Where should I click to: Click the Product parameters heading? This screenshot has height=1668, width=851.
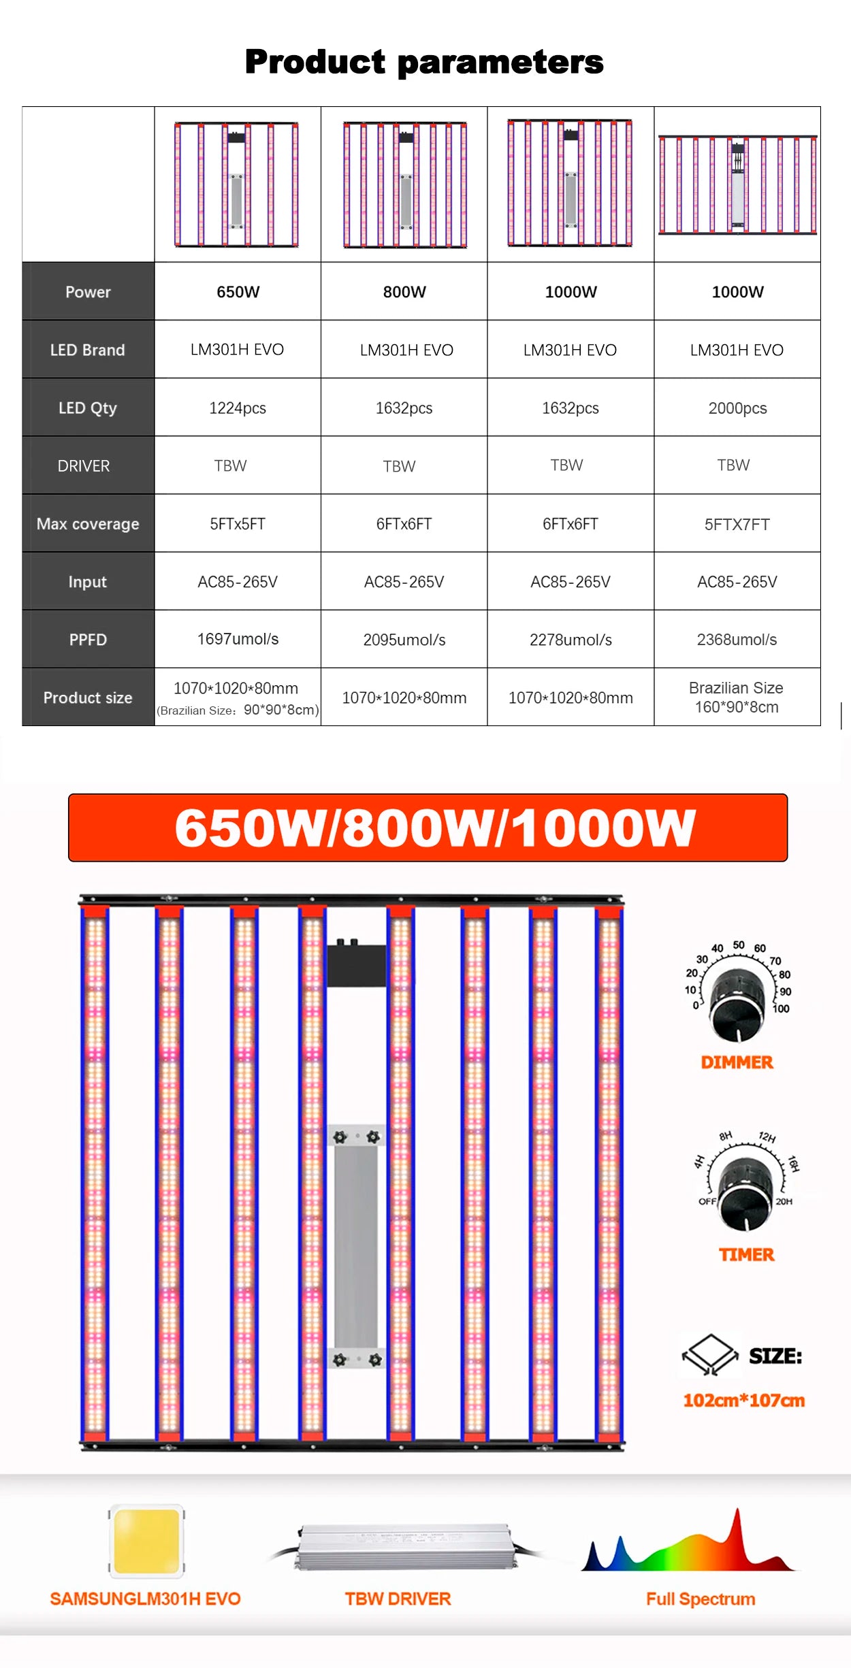pos(424,62)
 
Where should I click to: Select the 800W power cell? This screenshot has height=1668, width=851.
pos(404,292)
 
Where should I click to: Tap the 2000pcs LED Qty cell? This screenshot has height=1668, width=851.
pos(737,408)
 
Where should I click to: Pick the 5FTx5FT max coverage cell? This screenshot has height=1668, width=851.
pos(238,524)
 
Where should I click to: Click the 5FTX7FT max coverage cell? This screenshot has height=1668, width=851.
pos(737,525)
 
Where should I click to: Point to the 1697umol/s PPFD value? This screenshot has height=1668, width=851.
pos(238,639)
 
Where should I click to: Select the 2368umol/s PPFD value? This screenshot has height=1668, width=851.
pos(737,640)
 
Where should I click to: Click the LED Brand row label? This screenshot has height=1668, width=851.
pos(88,350)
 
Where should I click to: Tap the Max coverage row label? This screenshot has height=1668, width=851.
pos(88,524)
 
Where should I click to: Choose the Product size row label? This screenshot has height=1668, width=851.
pos(88,698)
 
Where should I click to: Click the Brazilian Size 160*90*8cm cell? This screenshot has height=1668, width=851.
pos(737,698)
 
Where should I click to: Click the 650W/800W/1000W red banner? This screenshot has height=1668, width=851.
pos(428,828)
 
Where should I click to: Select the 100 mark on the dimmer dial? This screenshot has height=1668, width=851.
pos(781,1009)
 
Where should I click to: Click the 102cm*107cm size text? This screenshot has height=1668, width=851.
pos(743,1400)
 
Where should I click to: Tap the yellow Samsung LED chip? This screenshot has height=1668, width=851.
pos(146,1541)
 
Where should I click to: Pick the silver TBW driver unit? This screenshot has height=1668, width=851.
pos(404,1547)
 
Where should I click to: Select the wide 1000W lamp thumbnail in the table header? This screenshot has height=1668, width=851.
pos(737,184)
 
